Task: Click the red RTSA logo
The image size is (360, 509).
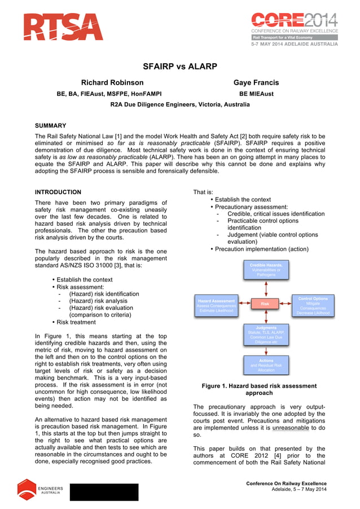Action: tap(63, 27)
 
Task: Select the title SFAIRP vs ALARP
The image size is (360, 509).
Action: tap(180, 67)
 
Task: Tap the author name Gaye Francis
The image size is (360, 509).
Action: tap(256, 82)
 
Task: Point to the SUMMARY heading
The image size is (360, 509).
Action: tap(51, 125)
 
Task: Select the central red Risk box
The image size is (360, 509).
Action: tap(265, 304)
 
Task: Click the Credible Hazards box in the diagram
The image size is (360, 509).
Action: tap(266, 269)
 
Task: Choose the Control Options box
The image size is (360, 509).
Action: tap(313, 305)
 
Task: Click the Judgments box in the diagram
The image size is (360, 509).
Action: tap(266, 335)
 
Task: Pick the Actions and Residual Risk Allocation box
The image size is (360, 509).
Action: tap(266, 365)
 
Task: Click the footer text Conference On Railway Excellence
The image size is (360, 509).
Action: tap(286, 484)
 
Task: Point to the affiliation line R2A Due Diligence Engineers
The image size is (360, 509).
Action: tap(179, 105)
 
